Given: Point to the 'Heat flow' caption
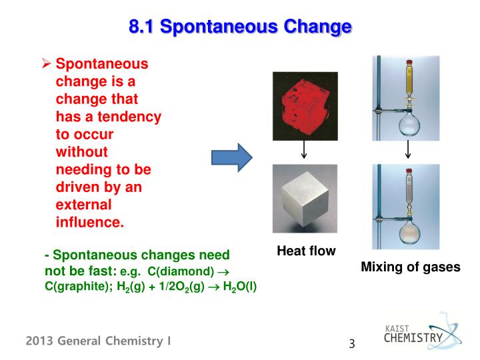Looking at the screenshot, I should coord(306,251).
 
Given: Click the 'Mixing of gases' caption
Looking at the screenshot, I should coord(411,267).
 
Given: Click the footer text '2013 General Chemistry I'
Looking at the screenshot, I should coord(99,341).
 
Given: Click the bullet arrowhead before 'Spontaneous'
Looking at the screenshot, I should coord(47,65).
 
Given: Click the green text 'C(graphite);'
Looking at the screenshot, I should coord(72,287).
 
